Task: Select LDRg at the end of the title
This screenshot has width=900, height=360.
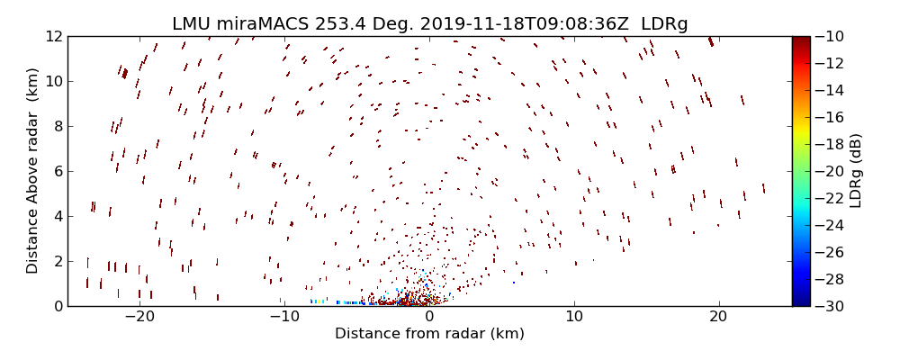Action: (664, 24)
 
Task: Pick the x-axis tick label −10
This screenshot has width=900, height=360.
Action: (284, 318)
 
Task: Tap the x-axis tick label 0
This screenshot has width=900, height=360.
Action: (429, 318)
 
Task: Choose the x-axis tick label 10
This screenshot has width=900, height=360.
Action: (574, 318)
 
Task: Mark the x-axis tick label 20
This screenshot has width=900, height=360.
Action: (718, 318)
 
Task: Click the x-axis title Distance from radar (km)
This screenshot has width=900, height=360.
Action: (429, 334)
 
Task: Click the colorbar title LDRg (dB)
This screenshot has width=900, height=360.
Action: (856, 171)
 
